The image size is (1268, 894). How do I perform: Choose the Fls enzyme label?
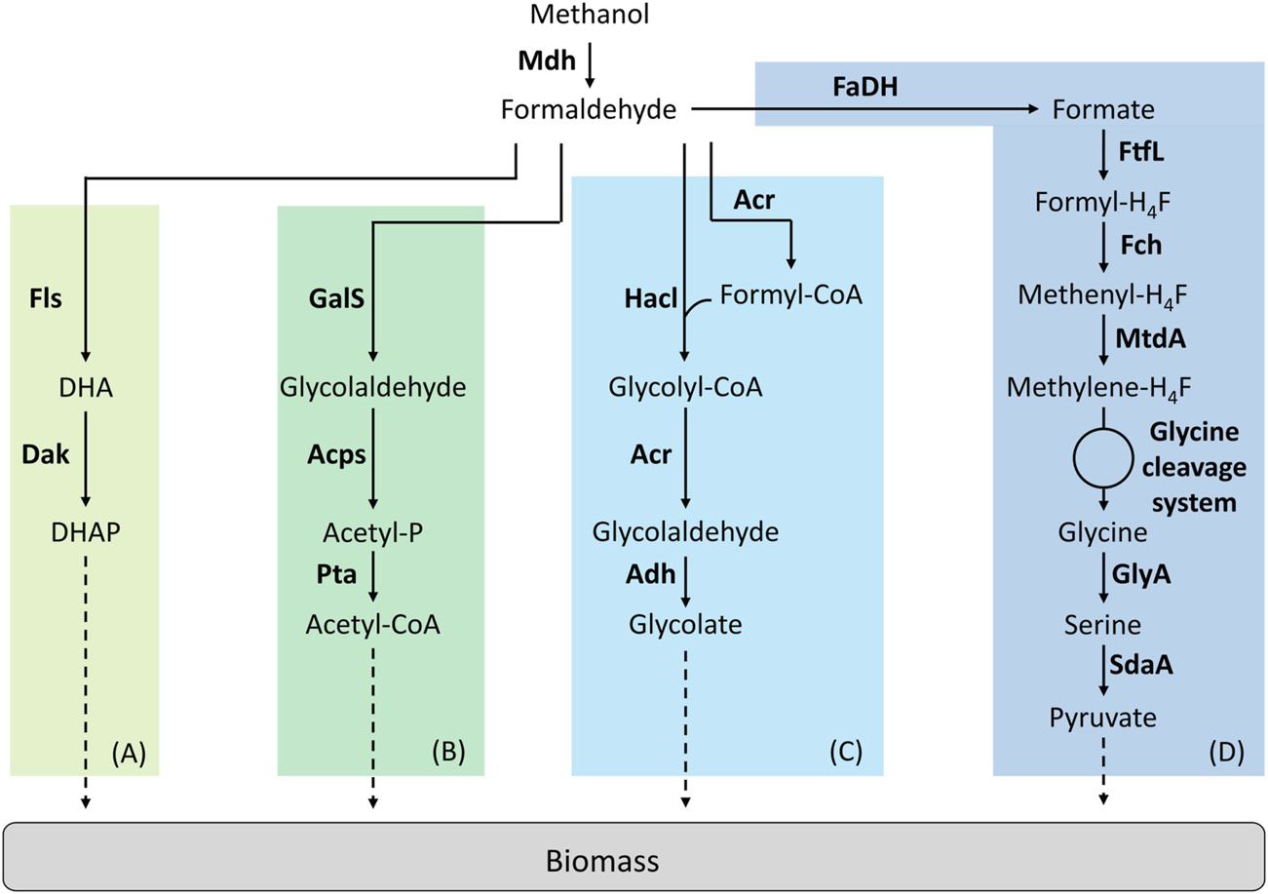(x=45, y=298)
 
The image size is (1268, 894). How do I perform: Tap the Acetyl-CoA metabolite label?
(x=372, y=623)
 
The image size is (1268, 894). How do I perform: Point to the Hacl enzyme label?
(x=645, y=298)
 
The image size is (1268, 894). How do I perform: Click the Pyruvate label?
(x=1102, y=718)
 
